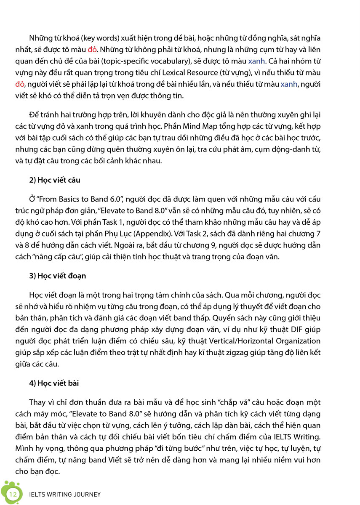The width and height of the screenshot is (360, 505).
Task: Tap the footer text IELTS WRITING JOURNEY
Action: [65, 494]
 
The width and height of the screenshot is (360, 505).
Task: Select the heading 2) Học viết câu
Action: [55, 181]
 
